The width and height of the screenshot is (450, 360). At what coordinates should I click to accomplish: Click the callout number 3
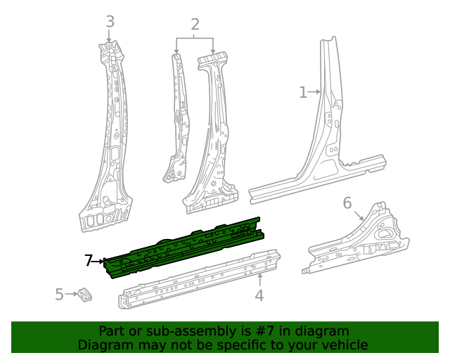110,22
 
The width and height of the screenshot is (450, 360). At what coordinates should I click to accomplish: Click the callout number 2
195,25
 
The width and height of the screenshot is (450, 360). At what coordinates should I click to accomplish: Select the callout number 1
303,92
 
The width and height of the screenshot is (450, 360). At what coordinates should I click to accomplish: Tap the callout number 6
347,203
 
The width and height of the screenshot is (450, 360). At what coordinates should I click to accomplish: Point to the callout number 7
89,261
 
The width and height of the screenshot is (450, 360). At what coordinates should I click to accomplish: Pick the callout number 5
60,295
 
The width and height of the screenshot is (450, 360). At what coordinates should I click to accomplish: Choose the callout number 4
259,295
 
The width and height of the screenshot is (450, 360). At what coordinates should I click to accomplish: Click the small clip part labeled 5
85,295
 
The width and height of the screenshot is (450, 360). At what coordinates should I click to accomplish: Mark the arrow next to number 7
99,262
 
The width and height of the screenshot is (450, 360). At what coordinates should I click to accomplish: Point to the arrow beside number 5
71,295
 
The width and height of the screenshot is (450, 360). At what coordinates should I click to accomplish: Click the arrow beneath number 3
110,36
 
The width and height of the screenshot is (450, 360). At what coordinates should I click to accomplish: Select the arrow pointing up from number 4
259,280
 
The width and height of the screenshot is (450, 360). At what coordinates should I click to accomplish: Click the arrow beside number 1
316,91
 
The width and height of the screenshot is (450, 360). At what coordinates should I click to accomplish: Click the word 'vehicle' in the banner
344,345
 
